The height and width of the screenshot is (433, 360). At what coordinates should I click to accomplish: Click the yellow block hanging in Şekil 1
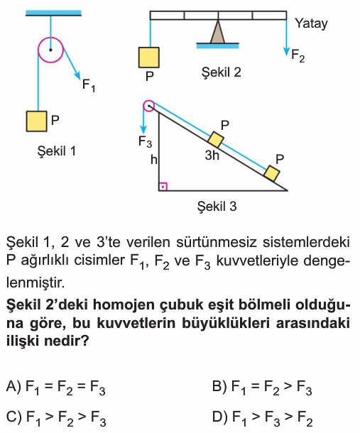pyautogui.click(x=37, y=121)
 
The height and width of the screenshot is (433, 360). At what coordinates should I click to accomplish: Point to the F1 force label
pyautogui.click(x=89, y=85)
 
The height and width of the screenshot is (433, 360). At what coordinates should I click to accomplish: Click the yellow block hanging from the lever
pyautogui.click(x=149, y=57)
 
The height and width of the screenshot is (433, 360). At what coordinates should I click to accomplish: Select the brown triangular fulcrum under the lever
pyautogui.click(x=218, y=32)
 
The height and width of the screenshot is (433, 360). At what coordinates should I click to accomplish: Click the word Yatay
pyautogui.click(x=311, y=23)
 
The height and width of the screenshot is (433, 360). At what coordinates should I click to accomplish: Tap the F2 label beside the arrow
pyautogui.click(x=298, y=56)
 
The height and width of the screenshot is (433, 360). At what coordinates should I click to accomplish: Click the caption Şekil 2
pyautogui.click(x=221, y=72)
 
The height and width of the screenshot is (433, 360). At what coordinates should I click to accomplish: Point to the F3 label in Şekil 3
pyautogui.click(x=145, y=142)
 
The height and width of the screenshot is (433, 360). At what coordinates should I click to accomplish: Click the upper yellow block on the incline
pyautogui.click(x=216, y=139)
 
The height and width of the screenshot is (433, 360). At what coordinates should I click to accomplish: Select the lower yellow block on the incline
pyautogui.click(x=272, y=173)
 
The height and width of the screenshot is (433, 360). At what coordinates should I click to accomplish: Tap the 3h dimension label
pyautogui.click(x=212, y=155)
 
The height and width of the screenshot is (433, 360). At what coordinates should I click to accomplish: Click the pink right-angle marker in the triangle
pyautogui.click(x=163, y=187)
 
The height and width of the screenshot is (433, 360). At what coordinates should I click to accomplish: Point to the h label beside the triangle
pyautogui.click(x=153, y=160)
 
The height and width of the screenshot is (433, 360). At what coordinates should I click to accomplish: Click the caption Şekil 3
pyautogui.click(x=217, y=207)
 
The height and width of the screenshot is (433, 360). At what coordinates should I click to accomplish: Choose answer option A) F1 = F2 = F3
pyautogui.click(x=56, y=388)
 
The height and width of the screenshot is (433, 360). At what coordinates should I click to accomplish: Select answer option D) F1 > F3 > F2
pyautogui.click(x=262, y=418)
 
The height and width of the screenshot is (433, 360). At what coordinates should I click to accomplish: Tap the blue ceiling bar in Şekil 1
pyautogui.click(x=53, y=13)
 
